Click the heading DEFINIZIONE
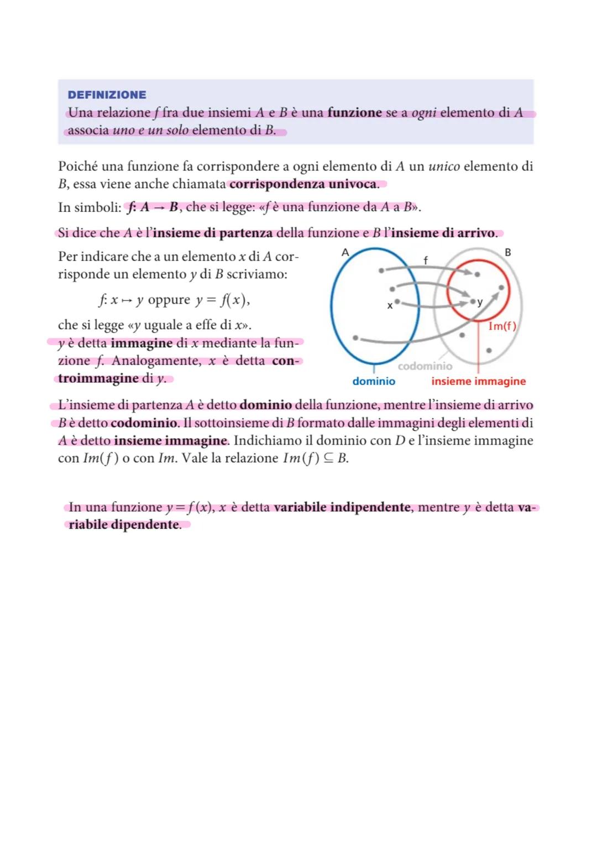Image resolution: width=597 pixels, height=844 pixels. click(x=107, y=95)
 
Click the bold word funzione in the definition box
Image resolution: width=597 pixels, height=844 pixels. click(x=354, y=113)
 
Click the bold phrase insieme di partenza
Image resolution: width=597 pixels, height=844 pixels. click(x=213, y=233)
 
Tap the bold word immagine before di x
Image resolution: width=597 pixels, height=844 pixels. click(x=142, y=343)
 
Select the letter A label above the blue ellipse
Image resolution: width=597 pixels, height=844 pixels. click(x=345, y=252)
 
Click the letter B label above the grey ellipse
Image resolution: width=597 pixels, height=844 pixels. click(x=508, y=252)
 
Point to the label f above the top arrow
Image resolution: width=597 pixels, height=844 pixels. click(x=425, y=259)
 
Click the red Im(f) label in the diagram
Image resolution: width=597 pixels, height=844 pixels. click(x=502, y=326)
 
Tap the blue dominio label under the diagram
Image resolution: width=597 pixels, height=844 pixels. click(x=374, y=381)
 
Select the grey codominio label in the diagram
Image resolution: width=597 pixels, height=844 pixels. click(x=425, y=366)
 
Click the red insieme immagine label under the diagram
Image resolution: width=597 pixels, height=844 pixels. click(x=478, y=381)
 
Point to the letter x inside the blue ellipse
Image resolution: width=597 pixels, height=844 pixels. click(x=390, y=305)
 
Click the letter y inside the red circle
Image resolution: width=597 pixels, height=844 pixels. click(x=480, y=302)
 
